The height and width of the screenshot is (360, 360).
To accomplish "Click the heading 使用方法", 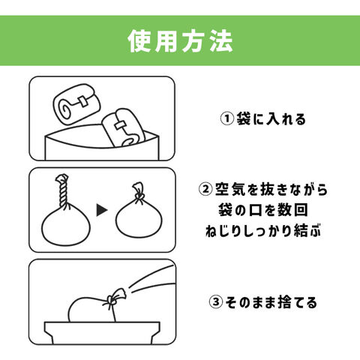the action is click(x=180, y=41).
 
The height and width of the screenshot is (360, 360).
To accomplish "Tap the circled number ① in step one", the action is click(x=227, y=118).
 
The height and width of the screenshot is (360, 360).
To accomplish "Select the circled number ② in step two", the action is click(x=205, y=190).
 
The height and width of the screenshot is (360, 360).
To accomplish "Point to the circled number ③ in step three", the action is click(x=216, y=302).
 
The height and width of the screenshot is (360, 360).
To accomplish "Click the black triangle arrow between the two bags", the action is click(x=102, y=210).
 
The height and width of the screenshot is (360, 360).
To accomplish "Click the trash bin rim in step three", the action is click(x=102, y=327).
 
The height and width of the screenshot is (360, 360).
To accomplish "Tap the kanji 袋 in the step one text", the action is click(x=244, y=118).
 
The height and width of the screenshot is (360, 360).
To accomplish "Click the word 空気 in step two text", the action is click(x=230, y=190).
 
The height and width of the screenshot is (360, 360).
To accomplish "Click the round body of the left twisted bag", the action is click(x=66, y=227).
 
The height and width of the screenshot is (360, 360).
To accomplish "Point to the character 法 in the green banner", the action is click(x=221, y=41).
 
